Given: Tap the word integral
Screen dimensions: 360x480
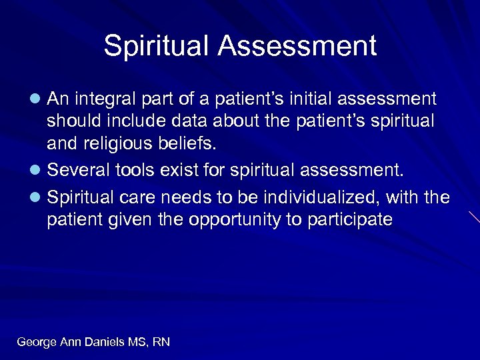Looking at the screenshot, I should pyautogui.click(x=103, y=99).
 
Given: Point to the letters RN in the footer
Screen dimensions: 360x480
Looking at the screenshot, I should pyautogui.click(x=161, y=342).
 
